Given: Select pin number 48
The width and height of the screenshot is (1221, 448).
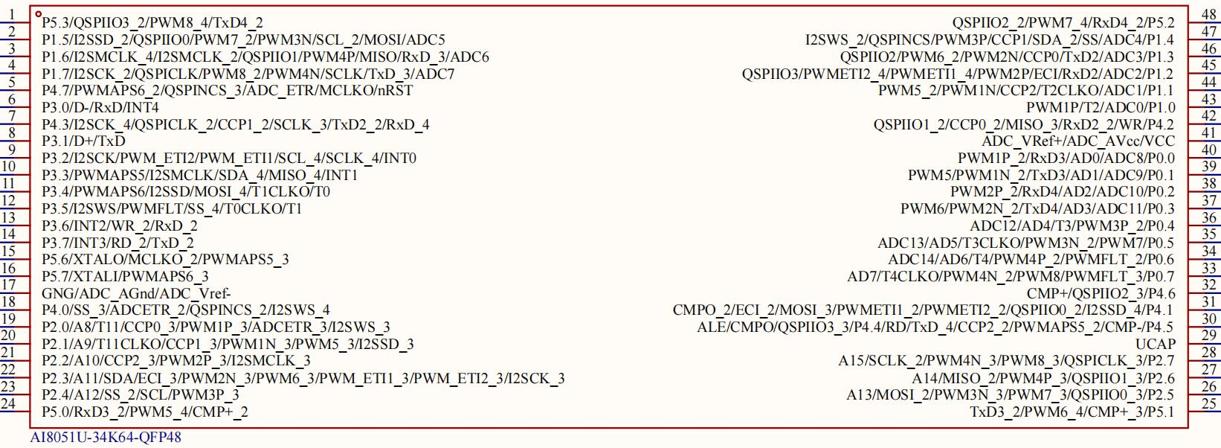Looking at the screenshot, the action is (1209, 15).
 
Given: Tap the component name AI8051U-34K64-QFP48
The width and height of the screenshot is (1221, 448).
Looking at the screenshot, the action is (106, 437).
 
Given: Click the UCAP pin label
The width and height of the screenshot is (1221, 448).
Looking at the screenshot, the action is (1155, 344).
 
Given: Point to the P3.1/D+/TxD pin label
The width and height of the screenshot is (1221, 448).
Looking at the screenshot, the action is (83, 141).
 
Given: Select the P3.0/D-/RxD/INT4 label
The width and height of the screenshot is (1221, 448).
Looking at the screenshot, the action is (100, 107).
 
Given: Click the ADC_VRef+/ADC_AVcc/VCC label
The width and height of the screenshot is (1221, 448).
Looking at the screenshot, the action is (1078, 141).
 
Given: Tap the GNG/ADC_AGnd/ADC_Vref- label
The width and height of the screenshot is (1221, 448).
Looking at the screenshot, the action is (136, 293).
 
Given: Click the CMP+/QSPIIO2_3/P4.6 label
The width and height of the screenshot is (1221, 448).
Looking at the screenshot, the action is (1101, 293).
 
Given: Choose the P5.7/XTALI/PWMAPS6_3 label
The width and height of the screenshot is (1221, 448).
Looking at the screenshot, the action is (125, 276).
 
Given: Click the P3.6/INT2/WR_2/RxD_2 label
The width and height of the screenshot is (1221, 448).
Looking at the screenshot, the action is (120, 225).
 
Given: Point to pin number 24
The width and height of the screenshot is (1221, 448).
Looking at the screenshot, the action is (8, 403).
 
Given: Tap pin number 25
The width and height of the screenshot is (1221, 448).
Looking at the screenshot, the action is (1209, 403).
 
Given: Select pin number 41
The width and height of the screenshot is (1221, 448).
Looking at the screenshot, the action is (1209, 132).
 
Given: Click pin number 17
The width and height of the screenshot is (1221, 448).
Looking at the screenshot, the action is (8, 285).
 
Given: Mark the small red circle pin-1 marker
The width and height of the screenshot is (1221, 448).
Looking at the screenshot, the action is (38, 14).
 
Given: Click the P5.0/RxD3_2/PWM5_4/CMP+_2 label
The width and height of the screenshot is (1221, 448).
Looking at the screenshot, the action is (145, 412).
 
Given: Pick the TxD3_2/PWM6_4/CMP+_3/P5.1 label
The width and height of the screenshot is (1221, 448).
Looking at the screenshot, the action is (1072, 412).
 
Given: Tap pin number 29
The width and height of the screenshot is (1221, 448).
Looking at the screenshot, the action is (1209, 336).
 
